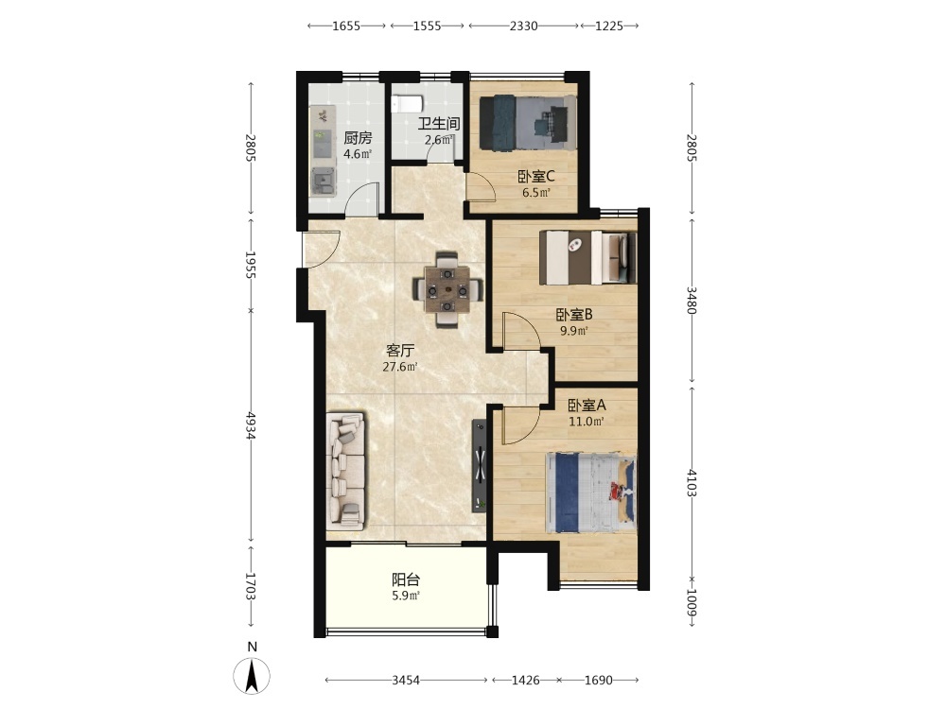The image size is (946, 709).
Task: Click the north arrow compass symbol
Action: pyautogui.click(x=252, y=675)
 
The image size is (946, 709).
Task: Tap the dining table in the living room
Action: pyautogui.click(x=447, y=290)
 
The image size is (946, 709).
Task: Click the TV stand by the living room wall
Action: pyautogui.click(x=480, y=465)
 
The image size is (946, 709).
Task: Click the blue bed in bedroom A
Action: pyautogui.click(x=590, y=493)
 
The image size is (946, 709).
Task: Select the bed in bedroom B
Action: pyautogui.click(x=587, y=257)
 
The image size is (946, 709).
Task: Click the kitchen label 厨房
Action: pyautogui.click(x=358, y=138)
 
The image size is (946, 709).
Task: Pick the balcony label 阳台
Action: pyautogui.click(x=406, y=580)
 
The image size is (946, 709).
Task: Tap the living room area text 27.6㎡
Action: pyautogui.click(x=400, y=367)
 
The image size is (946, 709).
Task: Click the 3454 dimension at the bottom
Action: pyautogui.click(x=406, y=681)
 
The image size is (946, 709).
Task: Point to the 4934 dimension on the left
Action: pyautogui.click(x=251, y=425)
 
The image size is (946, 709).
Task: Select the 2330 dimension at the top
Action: pyautogui.click(x=524, y=26)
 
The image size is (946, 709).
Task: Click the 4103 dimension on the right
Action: pyautogui.click(x=692, y=482)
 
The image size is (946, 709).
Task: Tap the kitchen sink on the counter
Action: pyautogui.click(x=323, y=181)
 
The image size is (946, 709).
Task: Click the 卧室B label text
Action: pyautogui.click(x=574, y=315)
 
